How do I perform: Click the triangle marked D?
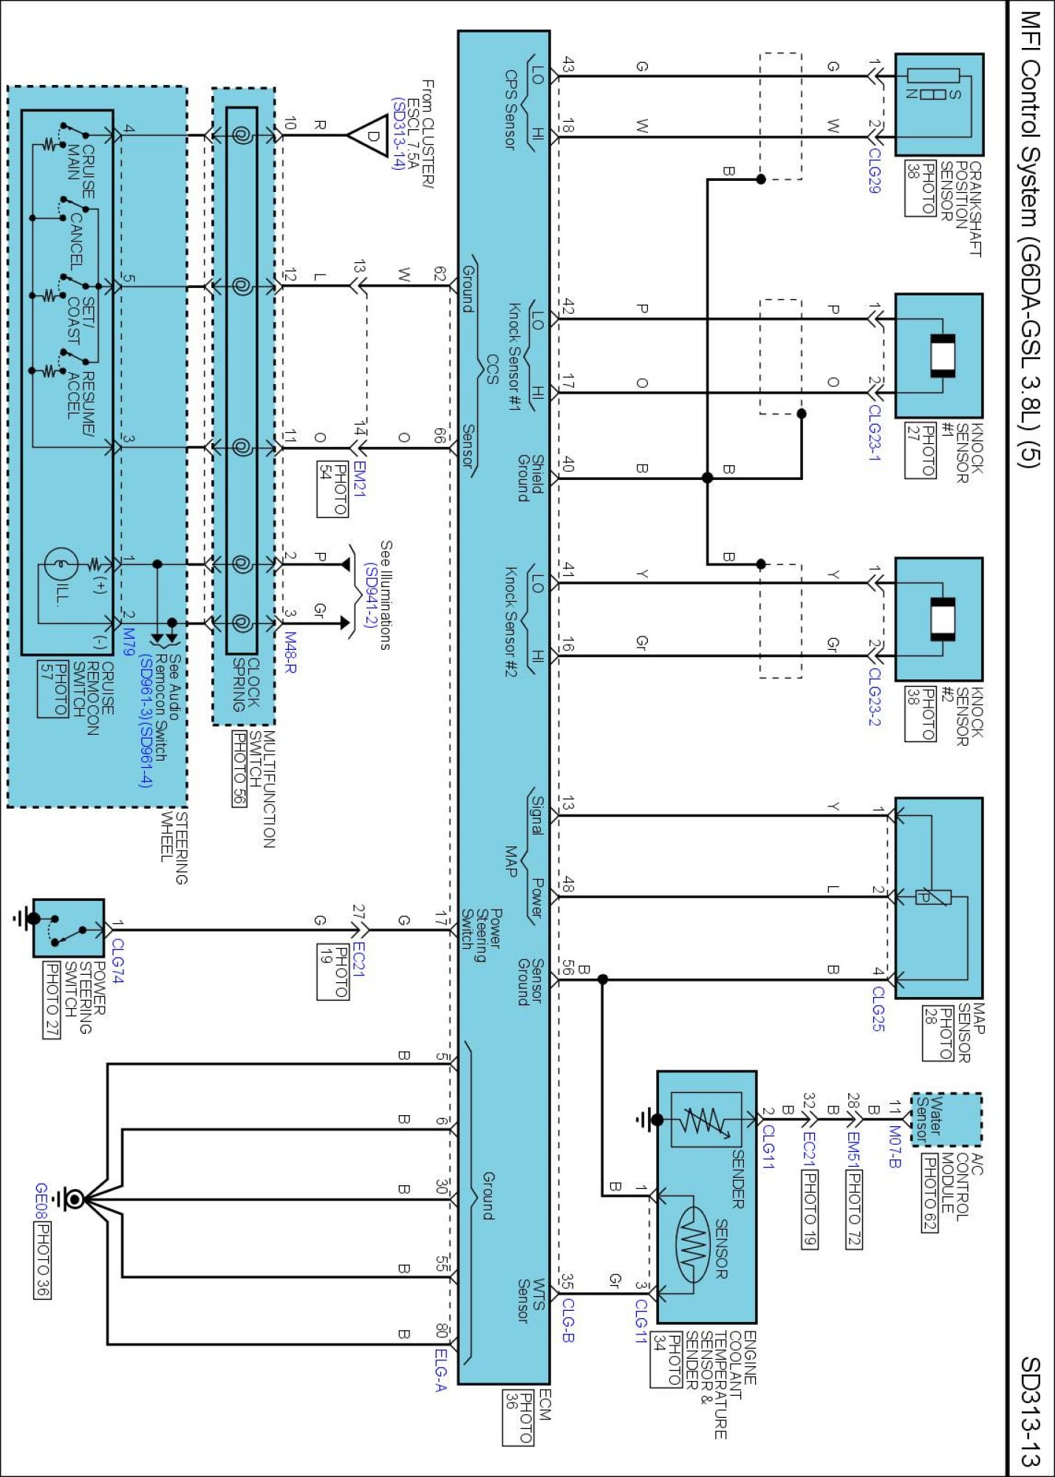(370, 135)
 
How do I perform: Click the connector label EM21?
(359, 479)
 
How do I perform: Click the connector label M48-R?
(290, 652)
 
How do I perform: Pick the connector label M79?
(129, 642)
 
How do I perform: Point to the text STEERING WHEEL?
(174, 847)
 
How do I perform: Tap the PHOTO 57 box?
(52, 689)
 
